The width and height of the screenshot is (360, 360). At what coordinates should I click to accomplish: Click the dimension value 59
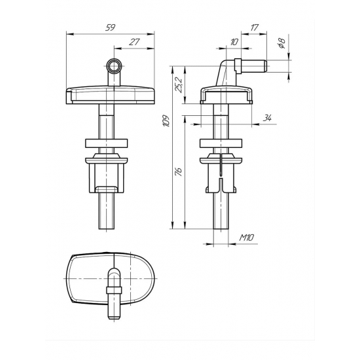click(x=110, y=27)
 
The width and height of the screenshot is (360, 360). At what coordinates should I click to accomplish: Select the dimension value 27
click(x=134, y=42)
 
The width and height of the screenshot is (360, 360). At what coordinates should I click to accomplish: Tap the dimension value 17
click(x=255, y=27)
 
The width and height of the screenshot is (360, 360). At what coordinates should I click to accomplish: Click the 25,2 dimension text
click(x=179, y=85)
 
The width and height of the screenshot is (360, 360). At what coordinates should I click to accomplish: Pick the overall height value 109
click(x=166, y=121)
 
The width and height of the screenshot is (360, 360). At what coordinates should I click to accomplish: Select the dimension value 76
click(x=179, y=171)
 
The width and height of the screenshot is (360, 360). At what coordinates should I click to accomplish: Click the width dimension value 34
click(x=267, y=118)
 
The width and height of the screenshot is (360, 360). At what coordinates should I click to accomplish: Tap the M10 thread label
click(x=247, y=238)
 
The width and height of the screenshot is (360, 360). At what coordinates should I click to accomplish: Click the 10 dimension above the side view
click(x=234, y=42)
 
